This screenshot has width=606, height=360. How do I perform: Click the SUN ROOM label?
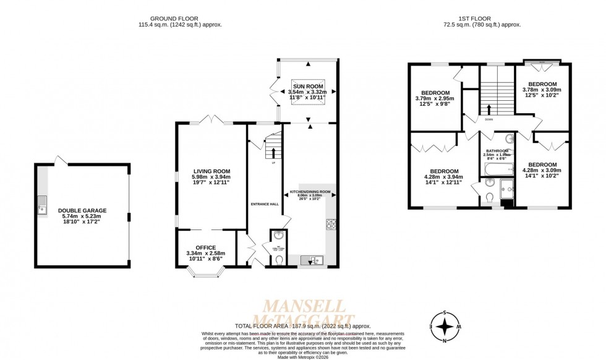click(x=307, y=86)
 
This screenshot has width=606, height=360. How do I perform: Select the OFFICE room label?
click(x=206, y=247)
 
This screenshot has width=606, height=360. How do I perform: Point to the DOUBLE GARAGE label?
click(x=82, y=210)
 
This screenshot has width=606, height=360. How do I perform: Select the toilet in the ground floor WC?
click(x=277, y=261)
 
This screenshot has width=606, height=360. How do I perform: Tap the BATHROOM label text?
click(x=497, y=151)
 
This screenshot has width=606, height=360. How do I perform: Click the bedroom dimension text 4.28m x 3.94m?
click(x=444, y=177)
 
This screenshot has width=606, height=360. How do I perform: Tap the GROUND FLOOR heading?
click(x=180, y=19)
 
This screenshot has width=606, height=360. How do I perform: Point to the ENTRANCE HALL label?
click(x=265, y=204)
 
